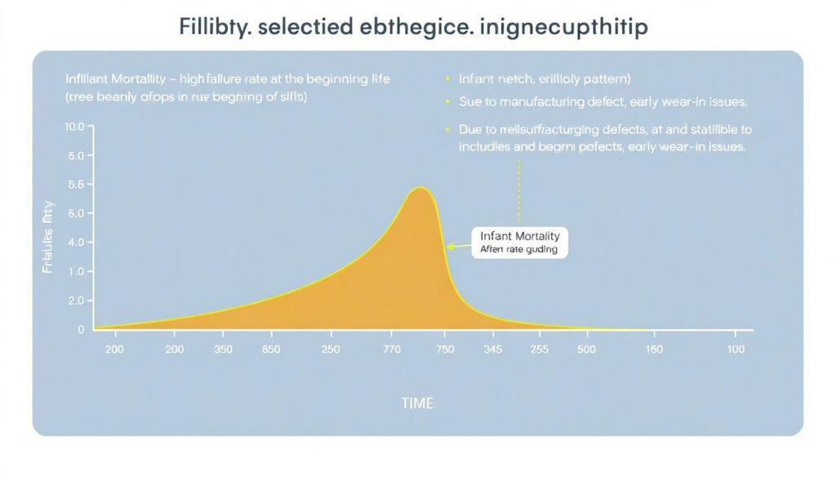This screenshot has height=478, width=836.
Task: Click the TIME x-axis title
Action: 417,404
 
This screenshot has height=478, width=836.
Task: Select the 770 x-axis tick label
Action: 393,350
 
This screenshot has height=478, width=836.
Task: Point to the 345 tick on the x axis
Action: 492,350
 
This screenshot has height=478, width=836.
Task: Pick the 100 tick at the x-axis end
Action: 736,350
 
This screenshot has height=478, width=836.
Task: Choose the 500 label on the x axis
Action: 586,350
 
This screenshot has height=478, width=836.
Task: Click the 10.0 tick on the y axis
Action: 73,127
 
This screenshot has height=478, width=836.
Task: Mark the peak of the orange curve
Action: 420,189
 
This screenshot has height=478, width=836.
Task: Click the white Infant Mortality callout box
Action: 519,243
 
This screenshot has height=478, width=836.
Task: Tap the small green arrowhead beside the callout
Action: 448,246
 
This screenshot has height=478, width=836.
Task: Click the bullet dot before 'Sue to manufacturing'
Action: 447,102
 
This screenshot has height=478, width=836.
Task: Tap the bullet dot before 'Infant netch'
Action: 447,79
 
